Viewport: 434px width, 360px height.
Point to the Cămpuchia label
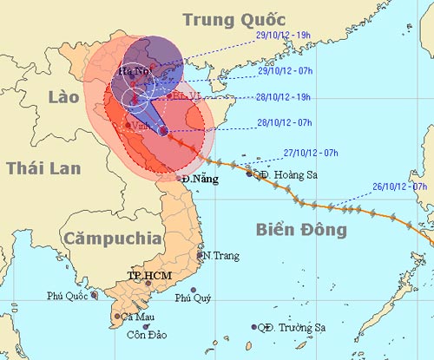[111, 236]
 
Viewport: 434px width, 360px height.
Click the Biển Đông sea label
[301, 229]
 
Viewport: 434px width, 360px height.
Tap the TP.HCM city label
[149, 276]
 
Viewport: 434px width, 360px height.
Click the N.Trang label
[218, 256]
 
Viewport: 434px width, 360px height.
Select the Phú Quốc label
[67, 297]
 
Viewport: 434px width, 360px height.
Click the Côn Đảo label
[145, 335]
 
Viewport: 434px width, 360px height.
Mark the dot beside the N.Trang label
[200, 255]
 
